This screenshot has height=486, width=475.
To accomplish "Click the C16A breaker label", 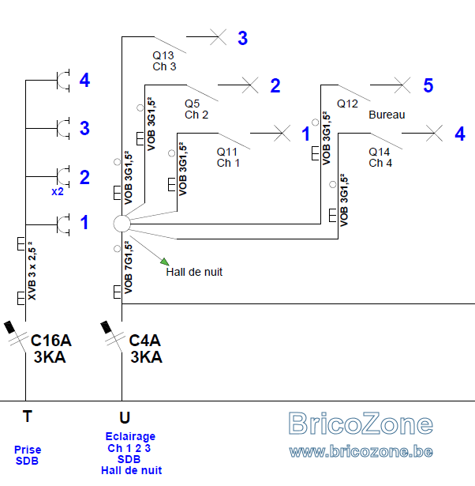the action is (51, 341).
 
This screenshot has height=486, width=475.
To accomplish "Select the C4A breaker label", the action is (144, 341).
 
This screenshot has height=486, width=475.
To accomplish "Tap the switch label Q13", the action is (163, 55).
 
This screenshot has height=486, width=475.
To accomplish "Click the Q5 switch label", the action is (193, 104).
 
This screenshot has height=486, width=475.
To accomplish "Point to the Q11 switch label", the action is (227, 152).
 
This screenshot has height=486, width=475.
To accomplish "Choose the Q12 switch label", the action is (347, 104).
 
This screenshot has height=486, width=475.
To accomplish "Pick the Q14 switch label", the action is (379, 152).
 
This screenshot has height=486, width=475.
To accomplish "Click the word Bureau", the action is (387, 115).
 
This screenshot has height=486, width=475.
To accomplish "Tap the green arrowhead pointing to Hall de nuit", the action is (165, 262).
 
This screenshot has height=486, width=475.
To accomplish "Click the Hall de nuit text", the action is (194, 272).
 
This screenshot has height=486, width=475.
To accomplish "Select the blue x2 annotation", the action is (58, 191).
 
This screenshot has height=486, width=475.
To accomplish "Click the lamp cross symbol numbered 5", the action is (402, 85).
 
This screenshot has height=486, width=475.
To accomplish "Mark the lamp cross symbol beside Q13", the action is (218, 37).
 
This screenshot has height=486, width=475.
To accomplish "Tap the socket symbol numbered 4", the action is (63, 81).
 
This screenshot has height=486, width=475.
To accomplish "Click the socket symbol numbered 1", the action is (63, 224).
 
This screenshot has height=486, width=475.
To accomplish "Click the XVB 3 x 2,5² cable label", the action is (32, 271).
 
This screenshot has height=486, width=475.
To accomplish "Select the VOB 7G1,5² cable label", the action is (129, 267).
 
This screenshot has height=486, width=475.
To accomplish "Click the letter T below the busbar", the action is (28, 416).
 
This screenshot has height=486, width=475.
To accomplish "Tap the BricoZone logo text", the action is (361, 424).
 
